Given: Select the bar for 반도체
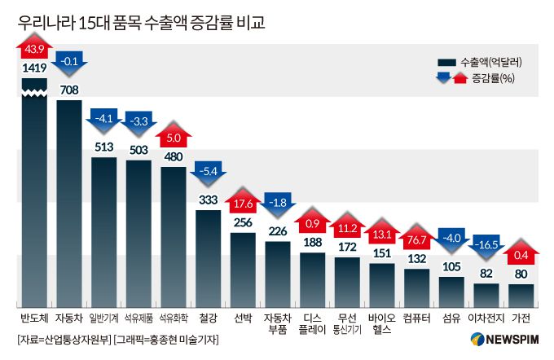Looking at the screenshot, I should point(34,195).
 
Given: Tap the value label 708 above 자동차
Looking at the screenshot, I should point(69,90).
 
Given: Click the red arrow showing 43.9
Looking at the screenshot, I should point(34,49).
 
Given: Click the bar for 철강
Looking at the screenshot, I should point(209,257).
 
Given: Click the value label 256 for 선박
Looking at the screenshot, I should point(243,222).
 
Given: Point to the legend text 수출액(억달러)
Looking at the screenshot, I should point(490,62).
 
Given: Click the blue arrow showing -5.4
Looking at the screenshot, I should point(209,173).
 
